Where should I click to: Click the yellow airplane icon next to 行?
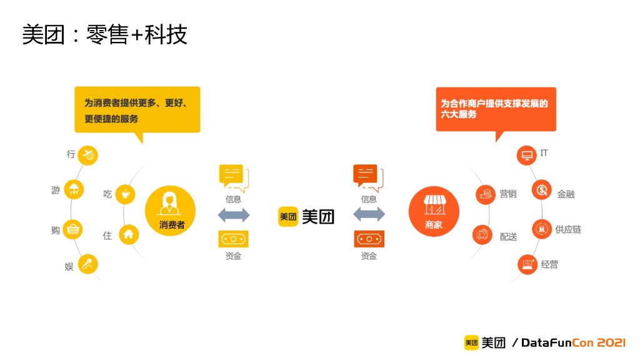coord(87,154)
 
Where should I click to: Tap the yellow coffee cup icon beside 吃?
coord(126,194)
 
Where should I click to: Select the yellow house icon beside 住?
coord(128,234)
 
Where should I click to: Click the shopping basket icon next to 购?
coord(73,229)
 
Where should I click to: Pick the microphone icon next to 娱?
coord(87,264)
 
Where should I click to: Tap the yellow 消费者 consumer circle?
coord(170,211)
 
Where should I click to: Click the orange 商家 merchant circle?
coord(433,211)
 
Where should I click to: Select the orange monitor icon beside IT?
coord(527,154)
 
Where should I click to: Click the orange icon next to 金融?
coord(541,190)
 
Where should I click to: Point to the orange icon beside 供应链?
coord(541,229)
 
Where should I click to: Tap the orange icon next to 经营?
coord(527,264)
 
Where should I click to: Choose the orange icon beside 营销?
coord(485,194)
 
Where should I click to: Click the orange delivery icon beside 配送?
coord(482,235)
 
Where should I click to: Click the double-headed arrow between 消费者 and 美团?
coord(234,215)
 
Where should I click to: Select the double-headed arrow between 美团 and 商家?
coord(369,215)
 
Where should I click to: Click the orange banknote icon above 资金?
coord(369,239)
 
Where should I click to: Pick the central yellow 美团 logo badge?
coord(288,216)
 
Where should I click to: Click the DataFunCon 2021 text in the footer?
coord(574,342)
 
